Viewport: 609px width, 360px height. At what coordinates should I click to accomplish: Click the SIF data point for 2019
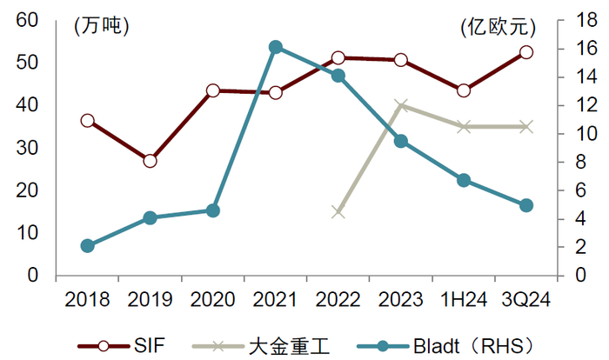(x=150, y=161)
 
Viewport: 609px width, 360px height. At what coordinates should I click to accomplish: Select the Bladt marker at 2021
(x=276, y=47)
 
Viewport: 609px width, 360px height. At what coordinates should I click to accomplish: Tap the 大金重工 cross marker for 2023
(x=401, y=105)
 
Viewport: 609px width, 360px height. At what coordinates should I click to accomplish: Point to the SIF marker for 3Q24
(x=526, y=52)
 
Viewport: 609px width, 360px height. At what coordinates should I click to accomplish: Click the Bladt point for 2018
(x=87, y=246)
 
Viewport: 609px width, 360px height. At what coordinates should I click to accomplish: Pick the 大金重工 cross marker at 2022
(x=338, y=212)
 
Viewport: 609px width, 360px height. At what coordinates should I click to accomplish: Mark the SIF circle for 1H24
(x=464, y=91)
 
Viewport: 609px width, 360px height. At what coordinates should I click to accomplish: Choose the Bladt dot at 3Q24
(x=526, y=205)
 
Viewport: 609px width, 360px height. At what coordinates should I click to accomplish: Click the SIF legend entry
(x=122, y=345)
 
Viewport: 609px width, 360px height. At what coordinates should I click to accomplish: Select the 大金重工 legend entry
(x=261, y=345)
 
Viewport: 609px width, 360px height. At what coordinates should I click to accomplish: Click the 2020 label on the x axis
(x=212, y=300)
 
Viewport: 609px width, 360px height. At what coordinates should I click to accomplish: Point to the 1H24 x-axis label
(x=464, y=300)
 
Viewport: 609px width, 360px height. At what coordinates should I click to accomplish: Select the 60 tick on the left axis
(x=27, y=20)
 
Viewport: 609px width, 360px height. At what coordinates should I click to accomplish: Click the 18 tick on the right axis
(x=586, y=20)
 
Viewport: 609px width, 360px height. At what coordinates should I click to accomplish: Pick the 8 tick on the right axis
(x=580, y=162)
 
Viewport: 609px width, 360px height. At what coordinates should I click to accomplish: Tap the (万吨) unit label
(x=101, y=27)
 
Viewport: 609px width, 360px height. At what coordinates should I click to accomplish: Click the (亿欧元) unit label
(x=499, y=27)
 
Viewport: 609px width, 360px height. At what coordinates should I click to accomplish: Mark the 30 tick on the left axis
(x=27, y=148)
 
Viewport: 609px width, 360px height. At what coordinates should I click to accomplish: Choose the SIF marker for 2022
(x=338, y=58)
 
